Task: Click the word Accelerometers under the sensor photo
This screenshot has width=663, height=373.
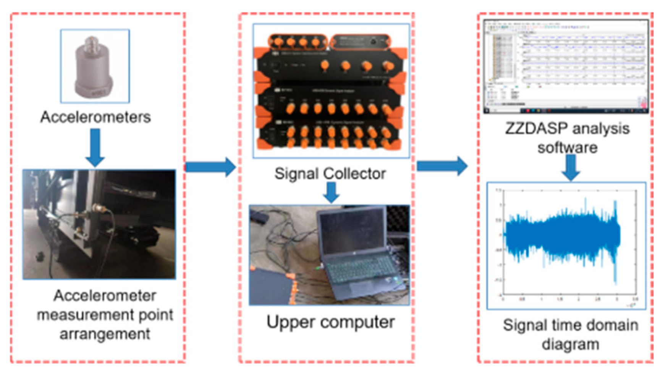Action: coord(95,117)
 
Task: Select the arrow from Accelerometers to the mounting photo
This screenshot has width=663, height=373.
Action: coord(95,147)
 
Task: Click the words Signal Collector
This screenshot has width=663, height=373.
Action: coord(330,174)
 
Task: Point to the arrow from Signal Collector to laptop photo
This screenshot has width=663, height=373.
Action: coord(331,192)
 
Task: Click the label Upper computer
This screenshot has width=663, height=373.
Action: coord(330,322)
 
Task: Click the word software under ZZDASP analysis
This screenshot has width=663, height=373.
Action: coord(568,147)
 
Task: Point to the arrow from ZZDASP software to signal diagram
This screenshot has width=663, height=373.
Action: coord(571,167)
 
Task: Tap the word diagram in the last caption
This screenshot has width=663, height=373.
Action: coord(570,344)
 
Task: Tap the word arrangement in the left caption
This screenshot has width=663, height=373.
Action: coord(105,334)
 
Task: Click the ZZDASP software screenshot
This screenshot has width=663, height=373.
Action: coord(566,66)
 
